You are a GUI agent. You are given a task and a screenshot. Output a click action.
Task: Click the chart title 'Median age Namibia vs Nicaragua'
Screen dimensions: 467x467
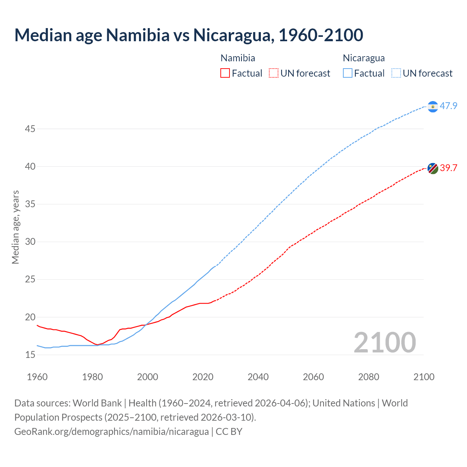[189, 35]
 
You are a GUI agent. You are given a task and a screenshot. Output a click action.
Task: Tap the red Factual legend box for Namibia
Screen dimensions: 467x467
[225, 73]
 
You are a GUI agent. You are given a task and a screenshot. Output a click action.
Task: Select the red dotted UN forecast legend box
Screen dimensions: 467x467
[273, 73]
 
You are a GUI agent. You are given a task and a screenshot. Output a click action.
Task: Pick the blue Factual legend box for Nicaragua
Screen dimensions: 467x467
[348, 73]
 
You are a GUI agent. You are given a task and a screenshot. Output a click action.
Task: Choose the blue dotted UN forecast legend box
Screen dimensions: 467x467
[396, 73]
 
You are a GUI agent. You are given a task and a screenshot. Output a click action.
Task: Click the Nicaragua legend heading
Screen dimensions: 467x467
[363, 58]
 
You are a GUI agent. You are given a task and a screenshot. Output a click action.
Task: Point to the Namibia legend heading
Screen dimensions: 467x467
[238, 58]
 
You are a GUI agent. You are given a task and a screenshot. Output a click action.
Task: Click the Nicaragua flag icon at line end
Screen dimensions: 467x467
[432, 107]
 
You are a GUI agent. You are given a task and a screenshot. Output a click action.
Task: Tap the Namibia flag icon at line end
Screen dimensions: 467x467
[432, 168]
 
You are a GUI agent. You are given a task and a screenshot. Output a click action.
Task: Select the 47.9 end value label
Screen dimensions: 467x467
[448, 106]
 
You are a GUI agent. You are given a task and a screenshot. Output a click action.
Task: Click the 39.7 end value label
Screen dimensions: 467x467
[448, 168]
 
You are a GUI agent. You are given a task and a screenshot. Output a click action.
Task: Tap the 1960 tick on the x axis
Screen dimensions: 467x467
[37, 377]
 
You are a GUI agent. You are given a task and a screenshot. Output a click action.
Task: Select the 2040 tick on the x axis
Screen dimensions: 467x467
[258, 377]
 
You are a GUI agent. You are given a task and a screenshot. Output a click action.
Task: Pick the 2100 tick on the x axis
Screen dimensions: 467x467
[424, 377]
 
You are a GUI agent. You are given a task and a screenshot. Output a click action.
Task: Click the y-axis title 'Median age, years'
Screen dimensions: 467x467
[15, 227]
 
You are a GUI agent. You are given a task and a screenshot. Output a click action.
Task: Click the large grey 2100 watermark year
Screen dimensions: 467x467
[385, 342]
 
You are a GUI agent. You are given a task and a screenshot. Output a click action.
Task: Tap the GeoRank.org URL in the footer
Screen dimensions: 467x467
[111, 432]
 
